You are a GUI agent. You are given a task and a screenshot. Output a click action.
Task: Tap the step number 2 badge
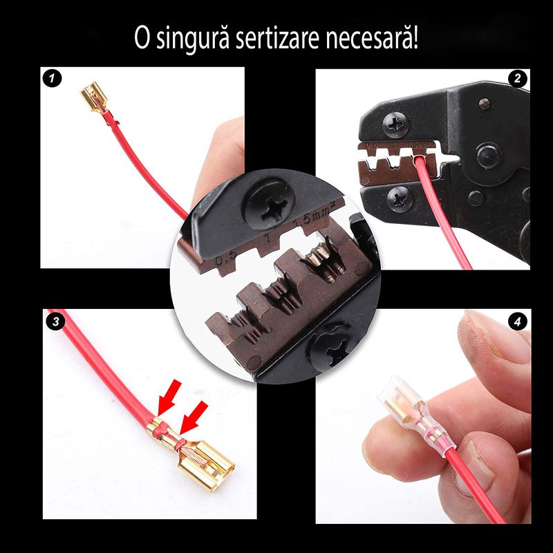[516, 79]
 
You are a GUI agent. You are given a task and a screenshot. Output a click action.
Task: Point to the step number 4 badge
[516, 321]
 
